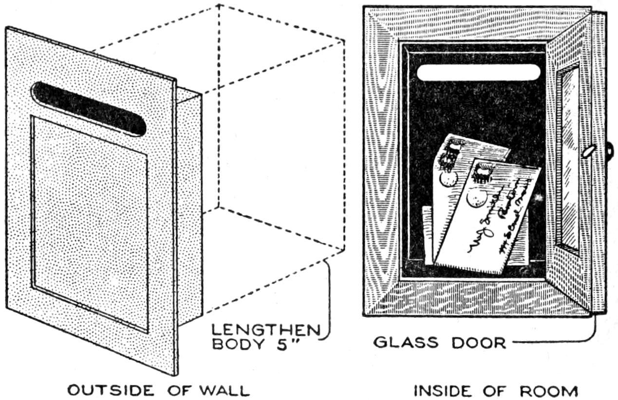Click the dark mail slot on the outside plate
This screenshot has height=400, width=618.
pos(89,108)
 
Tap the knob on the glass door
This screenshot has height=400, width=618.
pos(589,151)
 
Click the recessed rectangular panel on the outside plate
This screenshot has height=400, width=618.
pos(90,222)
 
